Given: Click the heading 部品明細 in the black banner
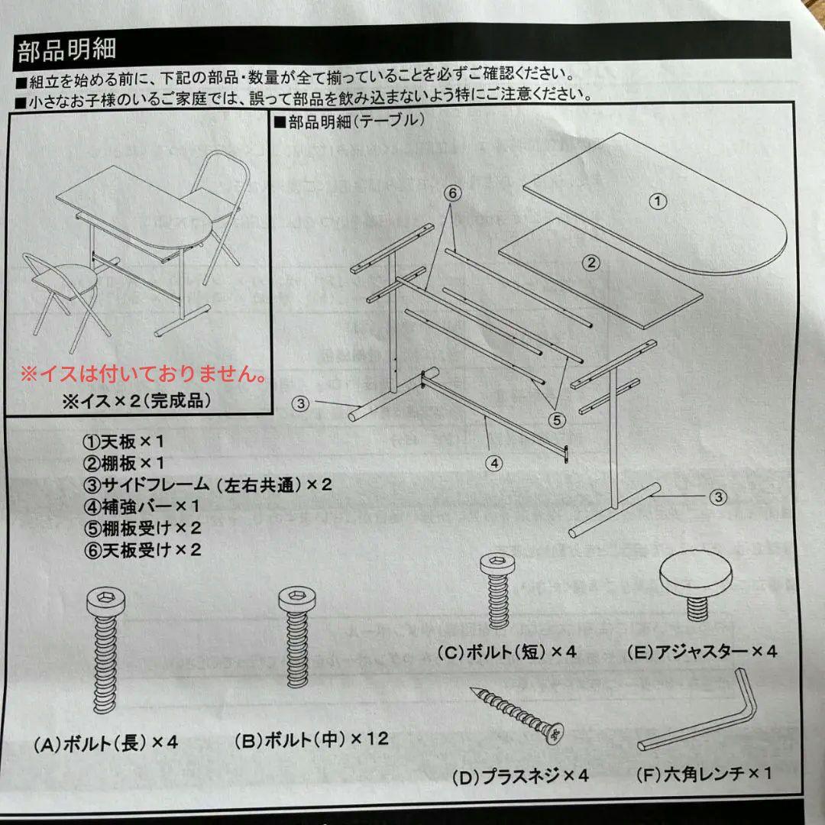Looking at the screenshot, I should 66,50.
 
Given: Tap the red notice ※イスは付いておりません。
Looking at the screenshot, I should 144,375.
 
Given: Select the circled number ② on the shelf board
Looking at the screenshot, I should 590,263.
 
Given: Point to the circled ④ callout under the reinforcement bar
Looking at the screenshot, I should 494,462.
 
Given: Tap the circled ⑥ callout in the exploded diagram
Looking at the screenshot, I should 474,194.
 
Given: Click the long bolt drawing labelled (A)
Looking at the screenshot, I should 105,657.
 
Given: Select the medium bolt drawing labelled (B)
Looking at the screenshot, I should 297,649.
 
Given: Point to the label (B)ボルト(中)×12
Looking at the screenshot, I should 311,739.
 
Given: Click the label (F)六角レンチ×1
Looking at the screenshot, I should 704,773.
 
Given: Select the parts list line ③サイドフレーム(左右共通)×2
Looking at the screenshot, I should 208,484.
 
